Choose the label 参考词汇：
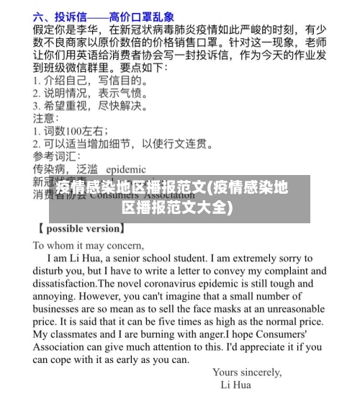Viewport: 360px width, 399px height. [58, 156]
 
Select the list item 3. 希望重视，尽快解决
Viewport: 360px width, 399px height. [91, 106]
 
